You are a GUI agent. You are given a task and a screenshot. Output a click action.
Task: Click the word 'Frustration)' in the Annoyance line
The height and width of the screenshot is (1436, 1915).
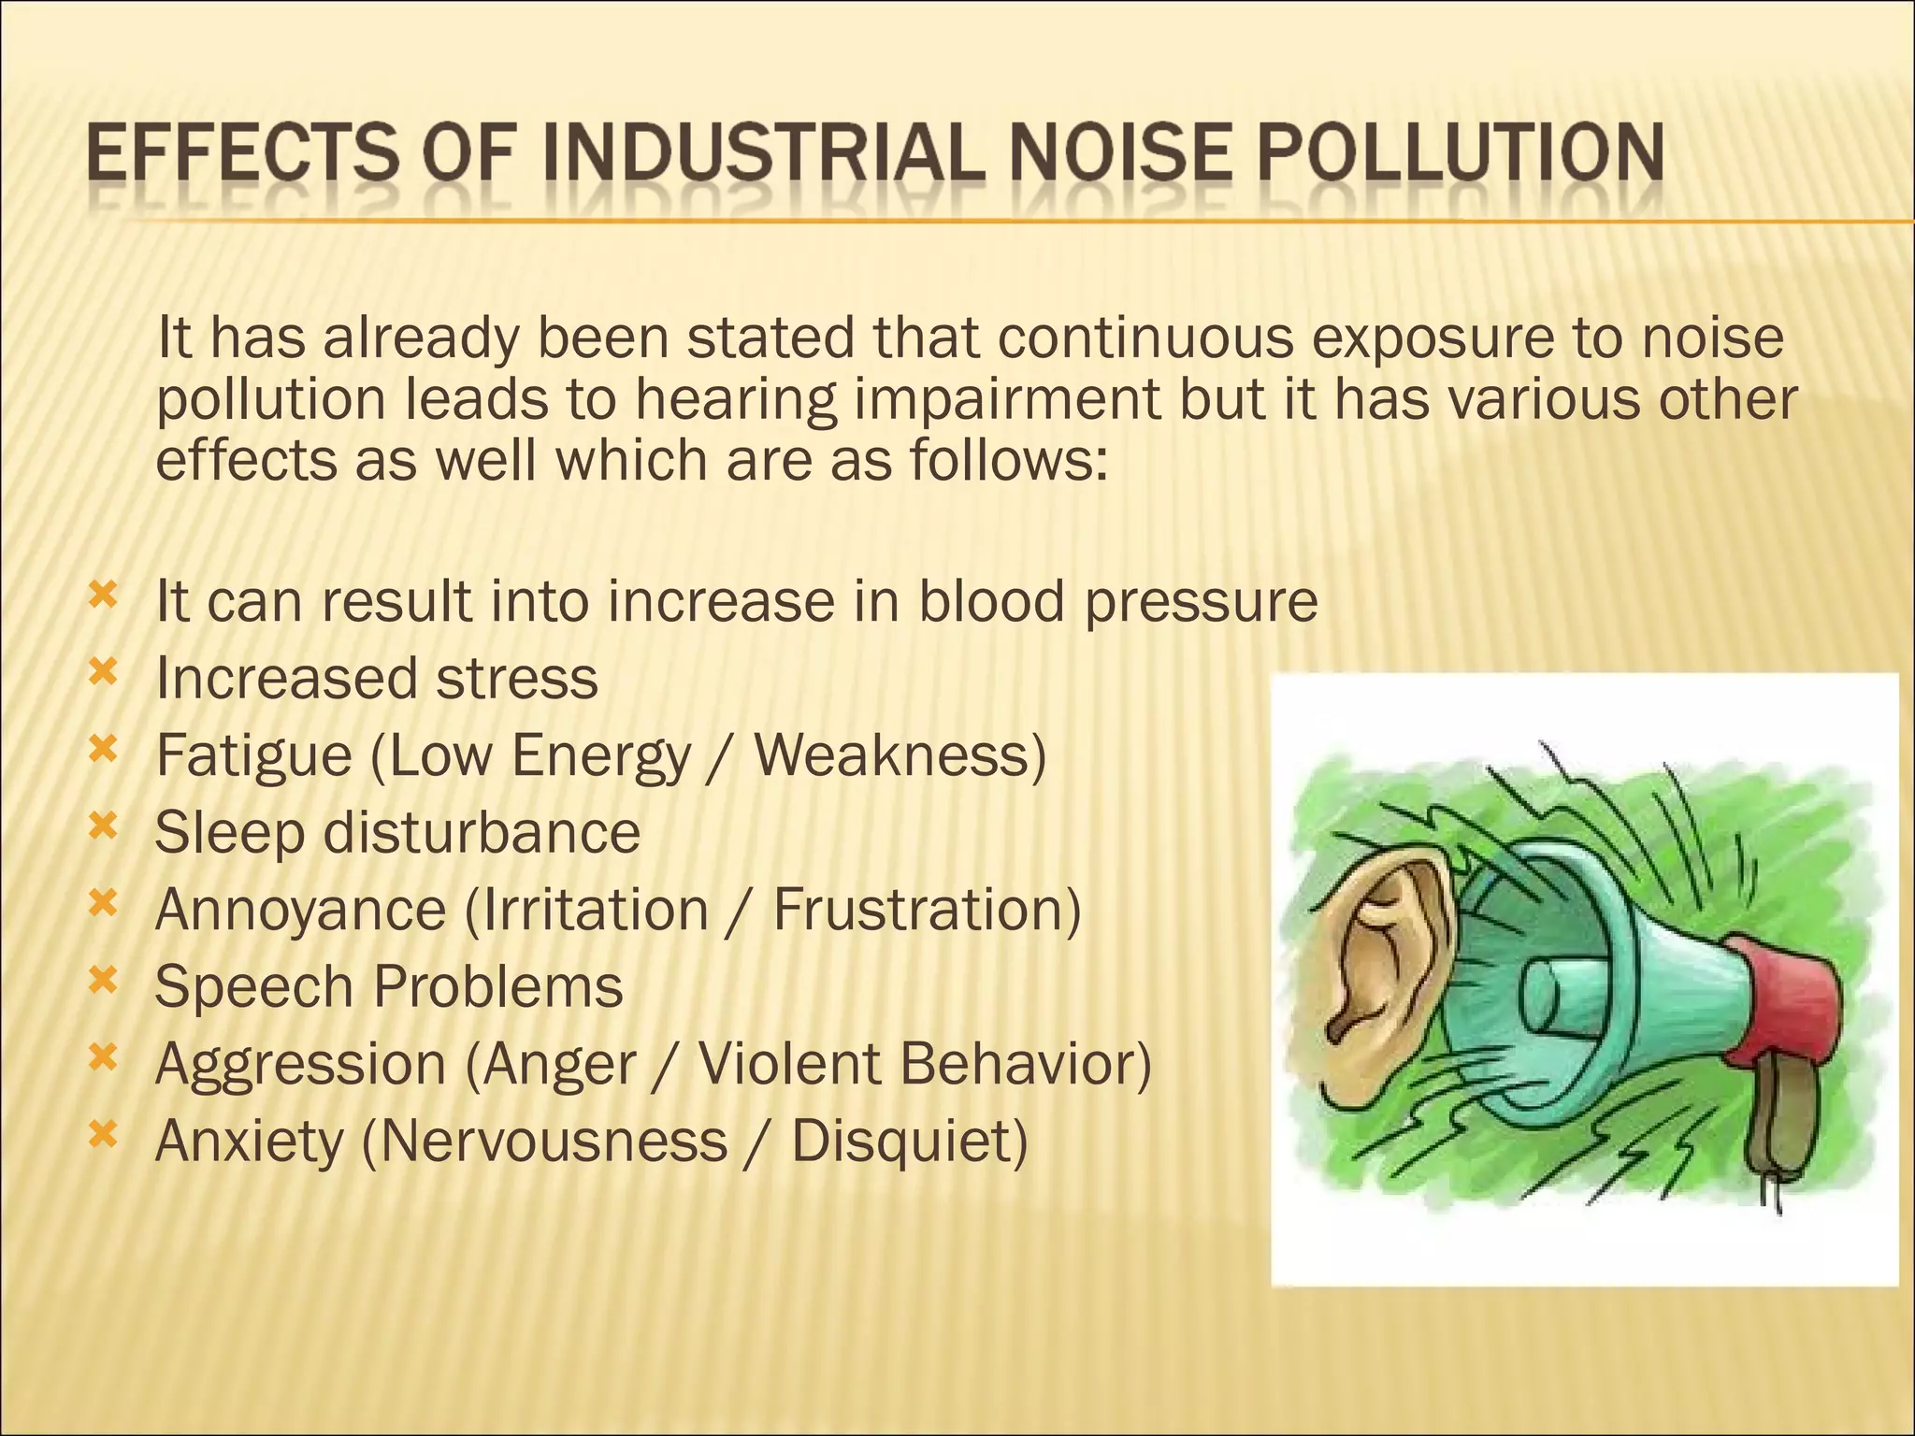[x=927, y=909]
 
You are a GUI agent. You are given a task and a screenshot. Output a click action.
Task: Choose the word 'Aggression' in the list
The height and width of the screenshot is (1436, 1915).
[x=300, y=1064]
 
